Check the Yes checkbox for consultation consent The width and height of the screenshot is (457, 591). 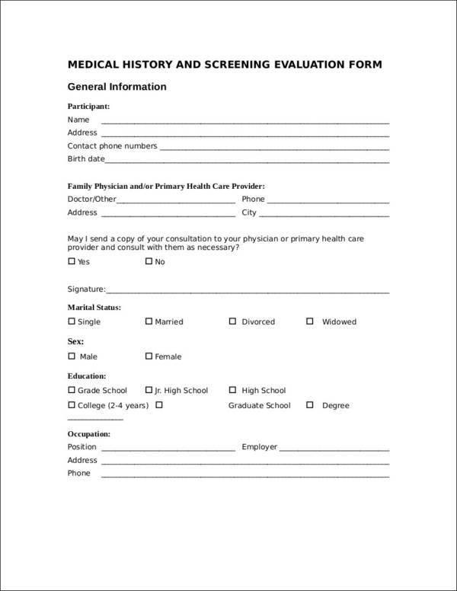coord(72,261)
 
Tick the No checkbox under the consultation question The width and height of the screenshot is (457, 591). coord(149,261)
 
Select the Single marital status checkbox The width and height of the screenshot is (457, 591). coord(72,321)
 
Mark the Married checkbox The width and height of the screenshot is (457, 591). coord(149,321)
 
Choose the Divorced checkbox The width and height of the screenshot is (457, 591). coord(232,321)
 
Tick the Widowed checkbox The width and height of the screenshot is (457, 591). coord(310,321)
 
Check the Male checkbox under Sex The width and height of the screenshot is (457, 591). coord(72,356)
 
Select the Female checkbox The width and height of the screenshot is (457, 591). coord(149,356)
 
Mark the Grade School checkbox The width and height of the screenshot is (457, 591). coord(72,390)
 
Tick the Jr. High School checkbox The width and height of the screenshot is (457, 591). coord(149,390)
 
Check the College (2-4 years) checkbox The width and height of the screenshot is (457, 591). coord(72,405)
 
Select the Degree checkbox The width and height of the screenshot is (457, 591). coord(310,405)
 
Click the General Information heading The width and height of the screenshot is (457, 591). coord(117,87)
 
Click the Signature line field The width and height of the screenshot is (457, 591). coord(248,291)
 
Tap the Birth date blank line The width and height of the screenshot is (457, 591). coord(248,161)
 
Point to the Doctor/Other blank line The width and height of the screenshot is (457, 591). coord(176,202)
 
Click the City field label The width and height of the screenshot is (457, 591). coord(249,212)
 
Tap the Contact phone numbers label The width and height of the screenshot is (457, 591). coord(112,145)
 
